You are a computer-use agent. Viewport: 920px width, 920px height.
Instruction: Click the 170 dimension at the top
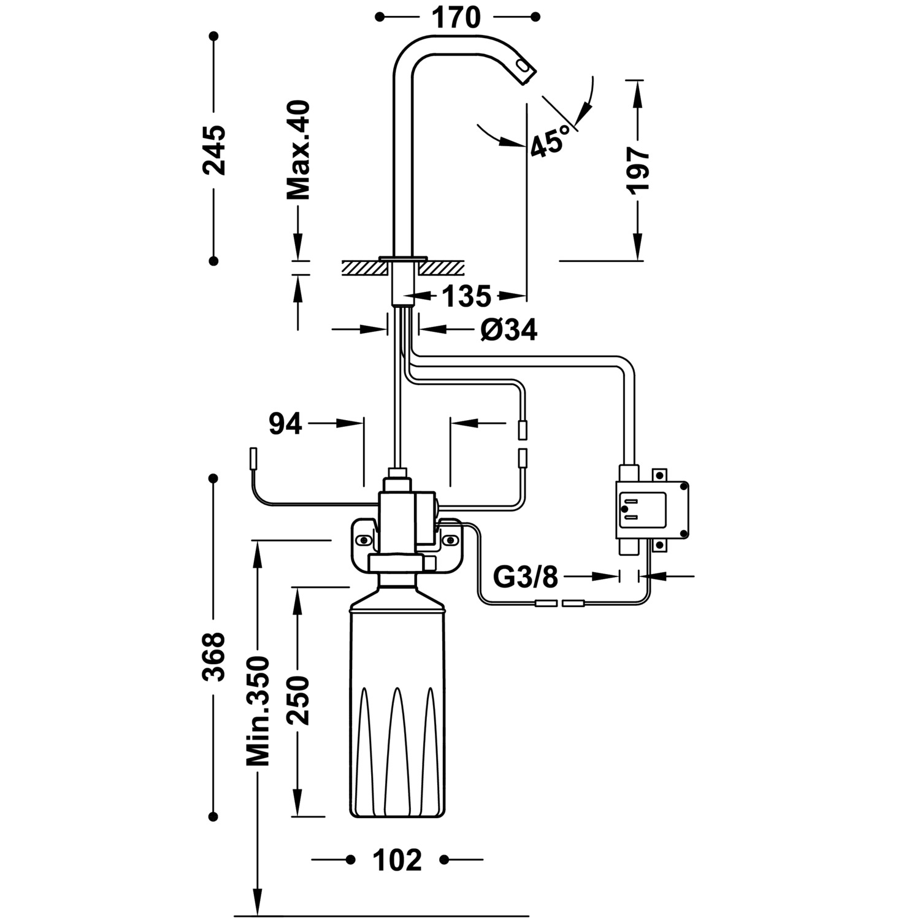point(456,17)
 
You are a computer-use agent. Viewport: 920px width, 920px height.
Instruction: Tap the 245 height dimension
point(214,150)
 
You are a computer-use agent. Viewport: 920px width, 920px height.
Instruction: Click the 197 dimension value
point(638,170)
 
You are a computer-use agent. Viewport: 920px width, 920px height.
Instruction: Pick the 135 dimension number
point(467,297)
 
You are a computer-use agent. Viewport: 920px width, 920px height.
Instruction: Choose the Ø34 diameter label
point(509,331)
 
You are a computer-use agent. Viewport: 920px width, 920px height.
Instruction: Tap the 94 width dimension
point(286,423)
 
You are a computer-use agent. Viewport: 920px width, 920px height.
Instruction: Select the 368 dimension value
point(214,656)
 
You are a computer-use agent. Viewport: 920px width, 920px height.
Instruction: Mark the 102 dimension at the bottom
point(398,860)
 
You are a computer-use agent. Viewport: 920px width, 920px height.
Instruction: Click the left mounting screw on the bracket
point(364,540)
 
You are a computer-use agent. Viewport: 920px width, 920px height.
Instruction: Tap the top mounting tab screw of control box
point(660,475)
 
